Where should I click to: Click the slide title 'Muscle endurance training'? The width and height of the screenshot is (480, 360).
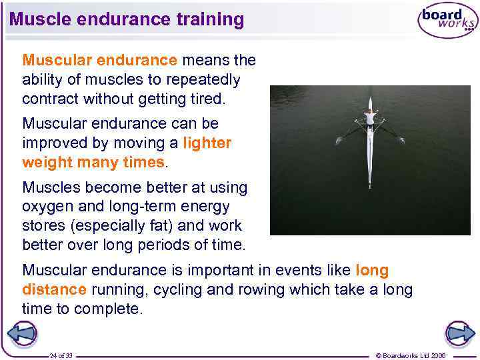pyautogui.click(x=127, y=19)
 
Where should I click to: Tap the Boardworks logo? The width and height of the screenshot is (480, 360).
pyautogui.click(x=447, y=21)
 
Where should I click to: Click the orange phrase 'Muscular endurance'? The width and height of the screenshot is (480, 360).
pyautogui.click(x=100, y=61)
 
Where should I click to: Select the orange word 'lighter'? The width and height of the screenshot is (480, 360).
pyautogui.click(x=207, y=143)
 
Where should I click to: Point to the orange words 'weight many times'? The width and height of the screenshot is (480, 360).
pyautogui.click(x=93, y=162)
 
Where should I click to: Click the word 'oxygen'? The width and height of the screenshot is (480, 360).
pyautogui.click(x=47, y=207)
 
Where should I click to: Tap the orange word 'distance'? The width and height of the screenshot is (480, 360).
pyautogui.click(x=54, y=290)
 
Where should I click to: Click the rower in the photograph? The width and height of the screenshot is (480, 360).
pyautogui.click(x=369, y=119)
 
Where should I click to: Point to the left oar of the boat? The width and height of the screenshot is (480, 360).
pyautogui.click(x=349, y=134)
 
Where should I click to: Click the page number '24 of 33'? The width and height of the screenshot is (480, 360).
pyautogui.click(x=61, y=355)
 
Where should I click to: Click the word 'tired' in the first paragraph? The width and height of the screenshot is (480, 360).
pyautogui.click(x=207, y=99)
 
